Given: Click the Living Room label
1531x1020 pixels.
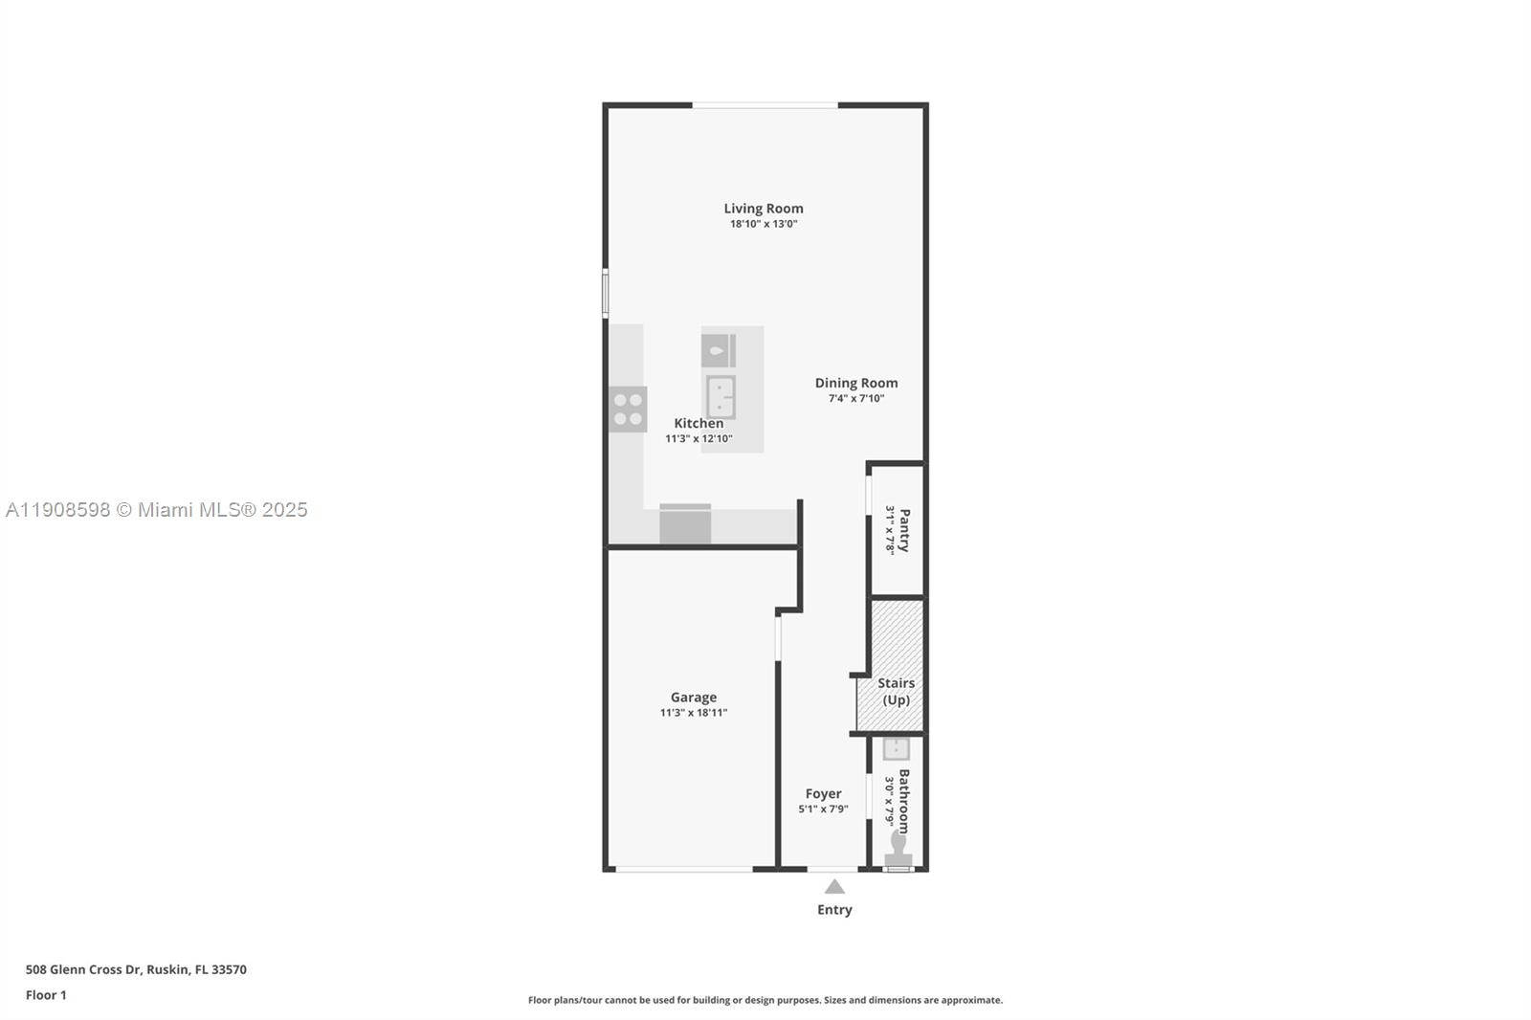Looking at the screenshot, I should tap(763, 209).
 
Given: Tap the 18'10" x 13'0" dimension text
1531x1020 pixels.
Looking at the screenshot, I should tap(763, 224).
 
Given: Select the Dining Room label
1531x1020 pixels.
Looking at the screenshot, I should tap(855, 383).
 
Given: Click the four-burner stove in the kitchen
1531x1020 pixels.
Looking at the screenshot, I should tap(628, 410).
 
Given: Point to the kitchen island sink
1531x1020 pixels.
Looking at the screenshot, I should tap(721, 397).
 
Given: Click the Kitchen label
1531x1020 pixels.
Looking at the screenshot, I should tap(699, 423).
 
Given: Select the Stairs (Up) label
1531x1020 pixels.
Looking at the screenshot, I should tap(896, 691).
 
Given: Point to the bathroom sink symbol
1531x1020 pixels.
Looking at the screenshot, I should tap(896, 748).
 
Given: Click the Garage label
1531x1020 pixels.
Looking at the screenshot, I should tap(693, 698).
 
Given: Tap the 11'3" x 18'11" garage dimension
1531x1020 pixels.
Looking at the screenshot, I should tap(693, 713).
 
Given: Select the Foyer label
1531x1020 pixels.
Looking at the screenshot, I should tap(823, 794).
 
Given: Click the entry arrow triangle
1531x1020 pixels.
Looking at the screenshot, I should tap(834, 887).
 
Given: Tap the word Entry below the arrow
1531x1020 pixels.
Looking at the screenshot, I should tap(834, 910).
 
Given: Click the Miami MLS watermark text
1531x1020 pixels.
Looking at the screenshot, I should tap(157, 510).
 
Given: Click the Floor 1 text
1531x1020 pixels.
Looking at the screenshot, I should tap(46, 995).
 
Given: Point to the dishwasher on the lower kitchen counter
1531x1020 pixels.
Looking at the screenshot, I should tap(685, 524).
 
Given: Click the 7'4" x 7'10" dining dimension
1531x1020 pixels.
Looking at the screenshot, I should tap(855, 399).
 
